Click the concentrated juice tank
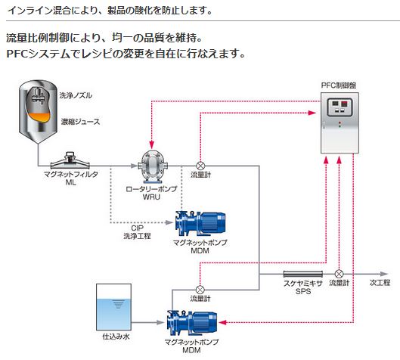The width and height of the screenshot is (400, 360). pyautogui.click(x=39, y=111)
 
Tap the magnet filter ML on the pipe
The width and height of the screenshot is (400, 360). pyautogui.click(x=70, y=161)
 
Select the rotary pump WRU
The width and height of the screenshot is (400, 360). pyautogui.click(x=152, y=166)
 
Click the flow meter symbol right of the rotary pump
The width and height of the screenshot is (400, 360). pyautogui.click(x=200, y=166)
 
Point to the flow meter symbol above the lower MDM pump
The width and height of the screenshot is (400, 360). pyautogui.click(x=200, y=290)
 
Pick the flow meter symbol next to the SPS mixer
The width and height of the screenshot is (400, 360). pyautogui.click(x=339, y=274)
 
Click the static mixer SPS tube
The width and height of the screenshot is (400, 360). pyautogui.click(x=303, y=274)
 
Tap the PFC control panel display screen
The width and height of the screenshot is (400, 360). pyautogui.click(x=340, y=107)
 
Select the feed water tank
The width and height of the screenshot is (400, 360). pyautogui.click(x=113, y=307)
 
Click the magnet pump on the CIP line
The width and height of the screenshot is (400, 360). pyautogui.click(x=200, y=224)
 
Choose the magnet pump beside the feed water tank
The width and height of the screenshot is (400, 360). pyautogui.click(x=192, y=323)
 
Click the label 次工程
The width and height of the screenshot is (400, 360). pyautogui.click(x=380, y=283)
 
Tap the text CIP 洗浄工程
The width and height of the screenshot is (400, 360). pyautogui.click(x=138, y=232)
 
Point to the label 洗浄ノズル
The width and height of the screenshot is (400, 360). pyautogui.click(x=76, y=95)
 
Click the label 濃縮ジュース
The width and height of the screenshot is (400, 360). pyautogui.click(x=80, y=122)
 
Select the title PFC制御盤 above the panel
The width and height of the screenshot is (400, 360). pyautogui.click(x=339, y=85)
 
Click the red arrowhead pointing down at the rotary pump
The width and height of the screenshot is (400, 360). pyautogui.click(x=152, y=145)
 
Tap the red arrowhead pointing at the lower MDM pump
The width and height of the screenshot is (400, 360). pyautogui.click(x=223, y=322)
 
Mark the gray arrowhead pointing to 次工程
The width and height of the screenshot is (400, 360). pyautogui.click(x=384, y=274)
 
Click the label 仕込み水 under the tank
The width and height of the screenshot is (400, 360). pyautogui.click(x=116, y=337)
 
